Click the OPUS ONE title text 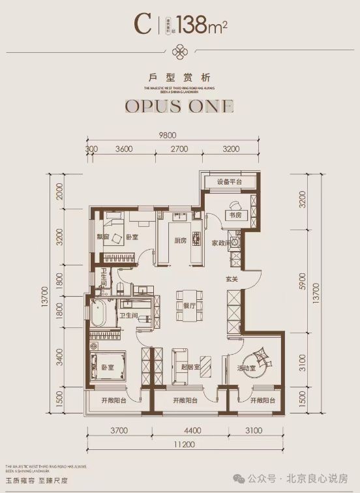[179, 106]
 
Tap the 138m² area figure [199, 25]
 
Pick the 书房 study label [233, 215]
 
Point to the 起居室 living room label [190, 366]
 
